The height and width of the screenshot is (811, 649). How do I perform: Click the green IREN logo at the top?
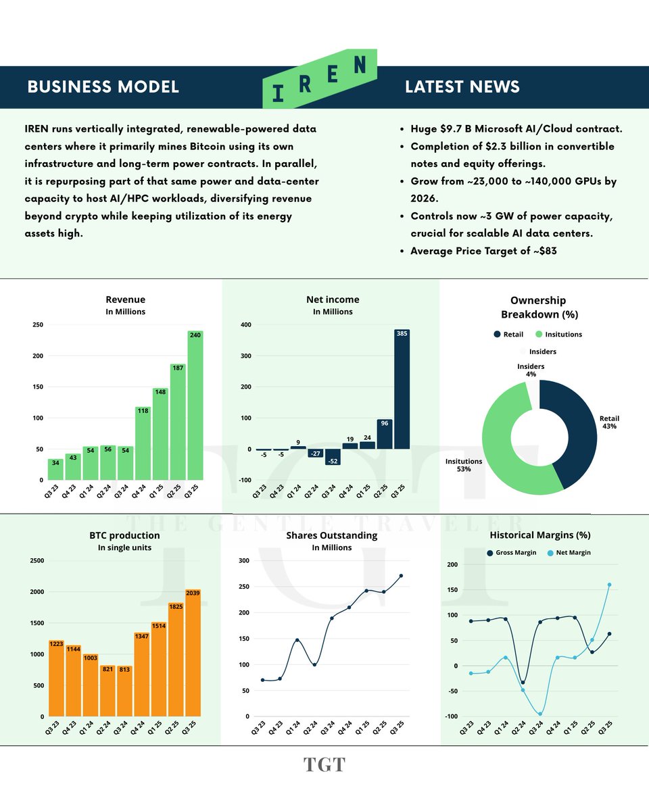coord(320,80)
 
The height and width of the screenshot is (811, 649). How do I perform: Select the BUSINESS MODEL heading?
coord(103,87)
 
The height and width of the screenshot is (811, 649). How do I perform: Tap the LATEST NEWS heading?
coord(462,87)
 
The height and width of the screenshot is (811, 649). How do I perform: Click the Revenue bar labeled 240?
coord(195,405)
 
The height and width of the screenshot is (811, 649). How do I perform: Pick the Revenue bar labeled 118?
coord(143,443)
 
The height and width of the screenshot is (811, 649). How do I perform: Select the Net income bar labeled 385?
coord(402,389)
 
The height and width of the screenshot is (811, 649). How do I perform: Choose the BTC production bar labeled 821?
coord(107,690)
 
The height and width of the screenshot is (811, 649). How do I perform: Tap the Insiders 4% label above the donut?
coord(531,370)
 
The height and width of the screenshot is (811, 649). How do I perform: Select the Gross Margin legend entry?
coord(512,553)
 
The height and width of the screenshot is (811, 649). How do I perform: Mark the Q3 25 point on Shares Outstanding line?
coord(402,576)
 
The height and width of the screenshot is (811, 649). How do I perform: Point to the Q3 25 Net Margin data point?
coord(609,585)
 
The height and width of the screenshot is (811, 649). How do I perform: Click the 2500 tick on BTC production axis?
coord(35,561)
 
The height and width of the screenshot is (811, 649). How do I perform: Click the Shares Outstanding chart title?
coord(331,535)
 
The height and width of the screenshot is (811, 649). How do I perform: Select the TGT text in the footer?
coord(324,765)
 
